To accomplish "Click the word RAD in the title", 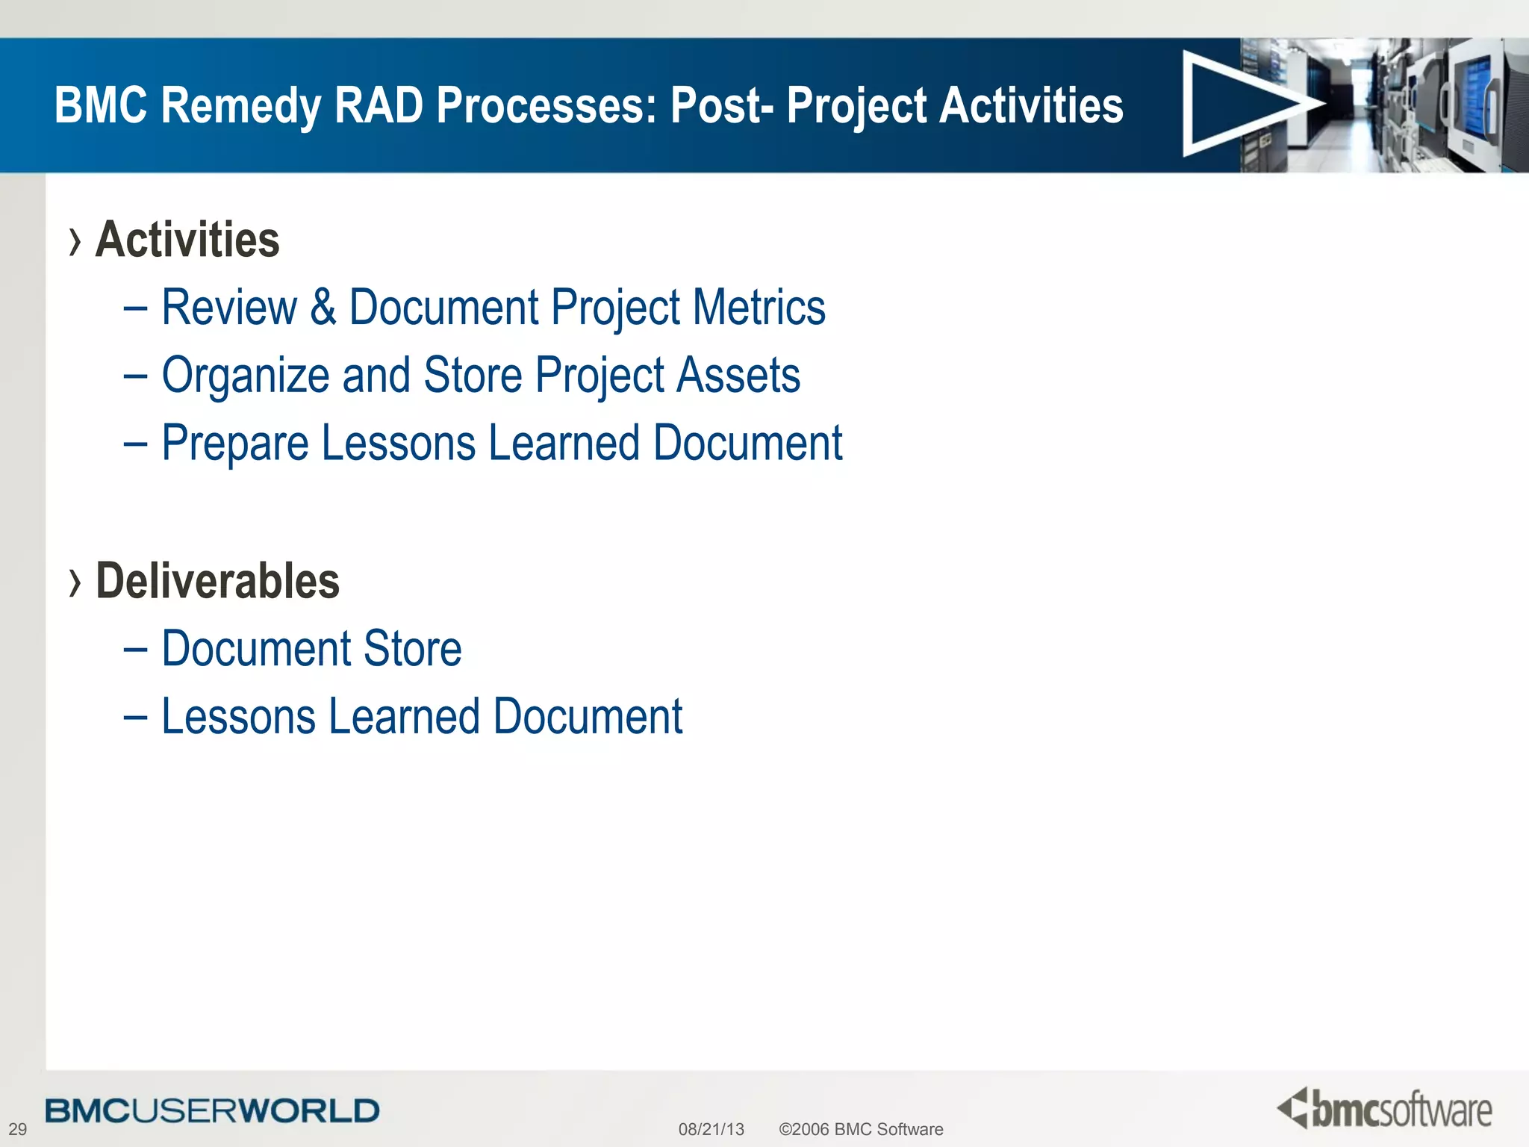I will coord(379,105).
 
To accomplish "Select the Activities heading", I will coord(187,240).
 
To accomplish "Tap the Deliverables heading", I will coord(217,581).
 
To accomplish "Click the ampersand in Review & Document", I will coord(323,307).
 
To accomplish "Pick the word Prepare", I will coord(235,444).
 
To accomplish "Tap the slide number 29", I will coord(17,1129).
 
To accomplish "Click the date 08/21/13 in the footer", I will coord(711,1129).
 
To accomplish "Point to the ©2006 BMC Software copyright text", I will coord(861,1129).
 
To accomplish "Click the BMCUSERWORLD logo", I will coord(212,1110).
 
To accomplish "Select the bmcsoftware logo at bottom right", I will coord(1385,1109).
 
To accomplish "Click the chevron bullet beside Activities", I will coord(74,242).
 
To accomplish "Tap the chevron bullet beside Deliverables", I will coord(74,583).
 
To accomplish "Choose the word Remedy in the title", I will coord(240,106).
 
